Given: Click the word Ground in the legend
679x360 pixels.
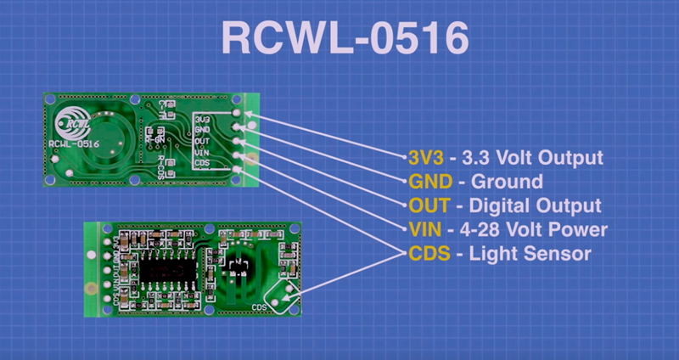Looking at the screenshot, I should tap(506, 182).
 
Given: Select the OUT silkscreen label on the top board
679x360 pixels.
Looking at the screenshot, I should tap(203, 141).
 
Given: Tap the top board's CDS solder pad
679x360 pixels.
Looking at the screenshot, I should tap(236, 170).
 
